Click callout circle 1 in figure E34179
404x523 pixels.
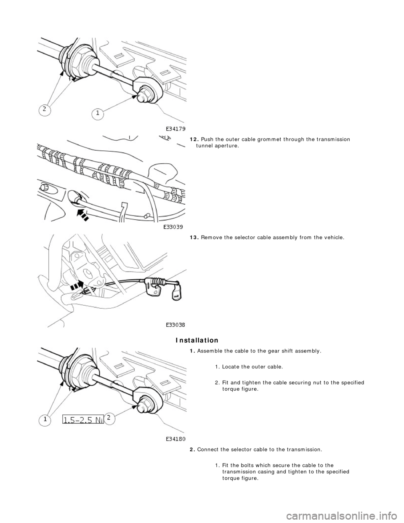pyautogui.click(x=98, y=114)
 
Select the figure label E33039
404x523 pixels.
pyautogui.click(x=174, y=227)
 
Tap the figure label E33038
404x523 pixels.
pyautogui.click(x=174, y=325)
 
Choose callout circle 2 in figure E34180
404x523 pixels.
pyautogui.click(x=109, y=418)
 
